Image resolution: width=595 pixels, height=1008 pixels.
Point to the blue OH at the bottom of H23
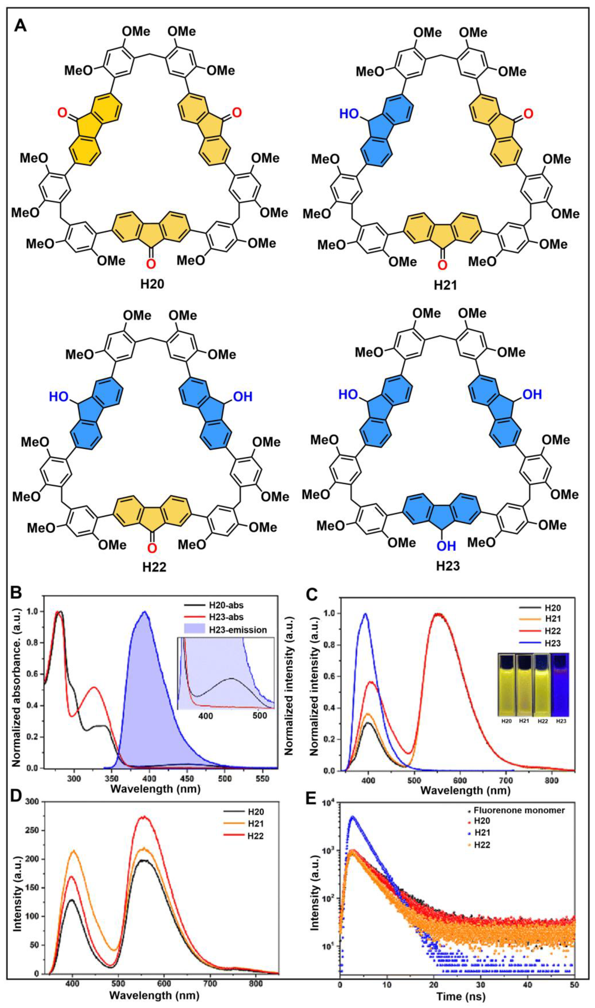[x=446, y=546]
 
